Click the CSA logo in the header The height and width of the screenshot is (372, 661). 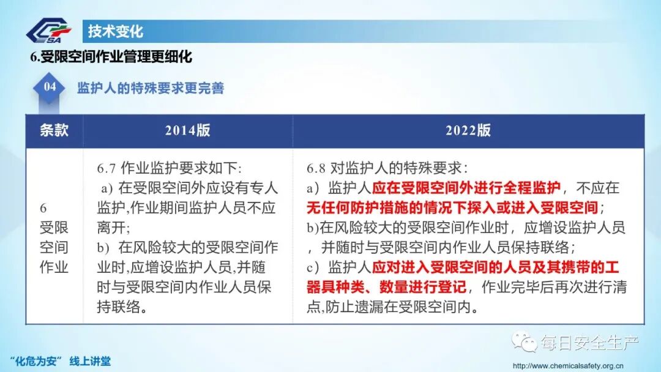(x=51, y=31)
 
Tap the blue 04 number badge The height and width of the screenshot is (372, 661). (x=50, y=87)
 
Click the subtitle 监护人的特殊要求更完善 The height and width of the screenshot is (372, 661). (x=151, y=88)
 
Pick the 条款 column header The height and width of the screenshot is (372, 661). (x=54, y=130)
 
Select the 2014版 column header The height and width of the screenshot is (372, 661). (x=187, y=130)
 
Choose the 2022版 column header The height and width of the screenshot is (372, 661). (x=468, y=130)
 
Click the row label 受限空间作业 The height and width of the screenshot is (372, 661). (x=54, y=238)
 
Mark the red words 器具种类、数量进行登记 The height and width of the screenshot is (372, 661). (x=386, y=287)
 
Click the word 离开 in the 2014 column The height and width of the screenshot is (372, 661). (x=110, y=228)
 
